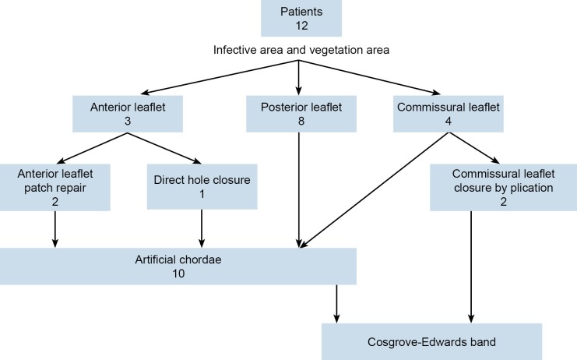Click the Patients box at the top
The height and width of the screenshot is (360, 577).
301,19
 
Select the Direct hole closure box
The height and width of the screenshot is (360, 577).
202,187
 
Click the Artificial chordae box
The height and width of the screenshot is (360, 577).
178,266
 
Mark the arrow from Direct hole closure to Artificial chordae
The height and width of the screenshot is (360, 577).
202,228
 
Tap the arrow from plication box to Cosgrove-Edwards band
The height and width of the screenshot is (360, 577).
470,265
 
